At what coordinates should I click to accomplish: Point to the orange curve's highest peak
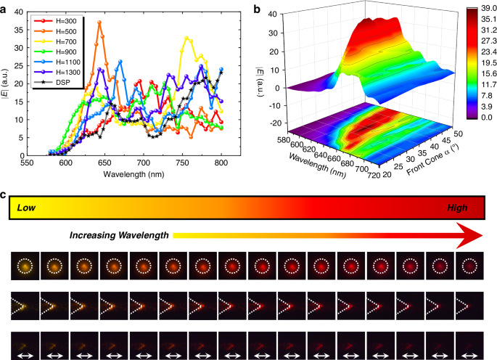99,22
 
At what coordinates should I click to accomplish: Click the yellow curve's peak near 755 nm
188,38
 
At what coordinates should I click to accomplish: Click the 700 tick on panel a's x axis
144,164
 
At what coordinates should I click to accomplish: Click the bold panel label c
4,195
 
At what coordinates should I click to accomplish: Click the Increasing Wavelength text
119,236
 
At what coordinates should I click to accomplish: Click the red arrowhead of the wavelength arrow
472,235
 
